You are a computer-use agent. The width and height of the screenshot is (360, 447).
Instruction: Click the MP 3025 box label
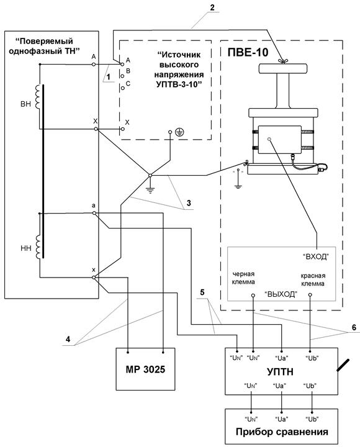pyautogui.click(x=145, y=369)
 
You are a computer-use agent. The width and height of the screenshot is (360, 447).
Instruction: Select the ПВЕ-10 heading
pyautogui.click(x=248, y=52)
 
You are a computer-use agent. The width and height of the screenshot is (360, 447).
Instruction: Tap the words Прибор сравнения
pyautogui.click(x=282, y=432)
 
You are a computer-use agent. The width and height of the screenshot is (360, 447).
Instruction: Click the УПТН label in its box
pyautogui.click(x=280, y=372)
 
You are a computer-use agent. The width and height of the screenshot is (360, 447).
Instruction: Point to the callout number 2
pyautogui.click(x=212, y=7)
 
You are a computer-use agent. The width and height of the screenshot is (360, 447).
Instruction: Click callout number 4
pyautogui.click(x=68, y=339)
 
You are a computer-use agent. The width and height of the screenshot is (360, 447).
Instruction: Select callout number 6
pyautogui.click(x=354, y=327)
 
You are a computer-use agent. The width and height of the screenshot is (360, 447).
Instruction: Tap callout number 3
pyautogui.click(x=189, y=203)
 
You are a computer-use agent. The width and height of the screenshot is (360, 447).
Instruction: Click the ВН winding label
pyautogui.click(x=25, y=104)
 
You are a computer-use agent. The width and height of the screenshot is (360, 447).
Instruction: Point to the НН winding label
pyautogui.click(x=25, y=248)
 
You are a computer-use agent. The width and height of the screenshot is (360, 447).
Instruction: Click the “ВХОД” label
pyautogui.click(x=315, y=256)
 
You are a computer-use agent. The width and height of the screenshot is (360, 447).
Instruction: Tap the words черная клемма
pyautogui.click(x=243, y=278)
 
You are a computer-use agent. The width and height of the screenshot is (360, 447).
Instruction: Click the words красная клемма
pyautogui.click(x=313, y=279)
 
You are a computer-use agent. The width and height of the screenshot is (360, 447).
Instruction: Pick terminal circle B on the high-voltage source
pyautogui.click(x=122, y=76)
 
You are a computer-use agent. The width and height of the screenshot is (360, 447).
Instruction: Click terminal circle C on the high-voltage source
pyautogui.click(x=122, y=88)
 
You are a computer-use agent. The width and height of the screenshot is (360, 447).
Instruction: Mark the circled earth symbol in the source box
pyautogui.click(x=179, y=132)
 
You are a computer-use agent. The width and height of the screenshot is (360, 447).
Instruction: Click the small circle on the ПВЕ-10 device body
pyautogui.click(x=269, y=139)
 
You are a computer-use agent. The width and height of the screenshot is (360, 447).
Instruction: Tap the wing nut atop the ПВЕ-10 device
pyautogui.click(x=282, y=61)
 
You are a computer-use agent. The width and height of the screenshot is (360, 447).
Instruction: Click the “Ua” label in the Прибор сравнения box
pyautogui.click(x=281, y=419)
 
